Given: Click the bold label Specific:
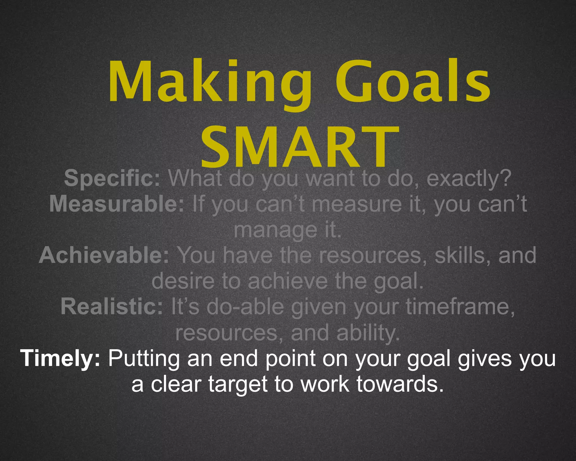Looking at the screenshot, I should pos(112,178).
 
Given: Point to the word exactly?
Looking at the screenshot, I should pos(469,178).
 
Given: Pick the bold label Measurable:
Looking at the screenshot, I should pos(117,204).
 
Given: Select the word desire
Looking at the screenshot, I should pos(183,281).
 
